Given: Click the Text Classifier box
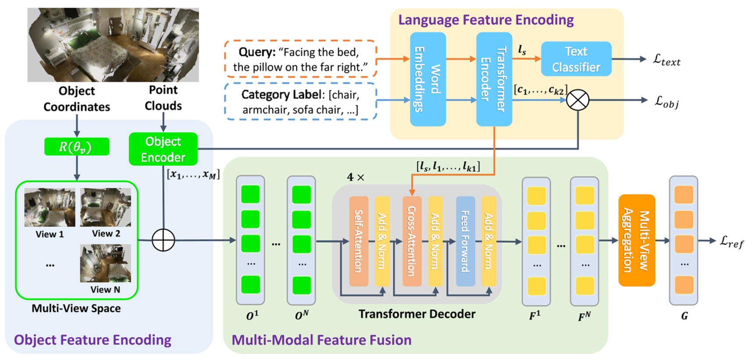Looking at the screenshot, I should point(576,59).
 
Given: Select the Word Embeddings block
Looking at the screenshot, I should point(427,79).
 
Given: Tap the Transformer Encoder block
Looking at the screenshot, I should point(494,79).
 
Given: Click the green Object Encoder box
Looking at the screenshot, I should point(163,150).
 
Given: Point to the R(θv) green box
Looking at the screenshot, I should point(76,147).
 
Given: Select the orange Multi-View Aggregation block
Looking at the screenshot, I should point(636,240).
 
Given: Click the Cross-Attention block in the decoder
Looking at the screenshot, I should point(412,241).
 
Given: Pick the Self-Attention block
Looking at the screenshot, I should point(358,241).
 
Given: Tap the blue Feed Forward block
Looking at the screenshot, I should point(465,241).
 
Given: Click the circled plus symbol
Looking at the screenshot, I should point(163,240).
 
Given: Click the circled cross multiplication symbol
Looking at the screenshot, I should point(577,100).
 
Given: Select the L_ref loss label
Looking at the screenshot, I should point(731,241).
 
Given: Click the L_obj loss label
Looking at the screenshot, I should point(666,102).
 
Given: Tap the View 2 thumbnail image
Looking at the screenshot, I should point(105,207).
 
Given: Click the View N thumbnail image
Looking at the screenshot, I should point(105,263).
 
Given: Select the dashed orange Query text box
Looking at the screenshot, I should point(300,59).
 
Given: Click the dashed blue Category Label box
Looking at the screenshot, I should point(300,102).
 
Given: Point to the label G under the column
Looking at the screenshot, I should point(684,316).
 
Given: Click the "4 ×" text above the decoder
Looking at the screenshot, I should point(356,177).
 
